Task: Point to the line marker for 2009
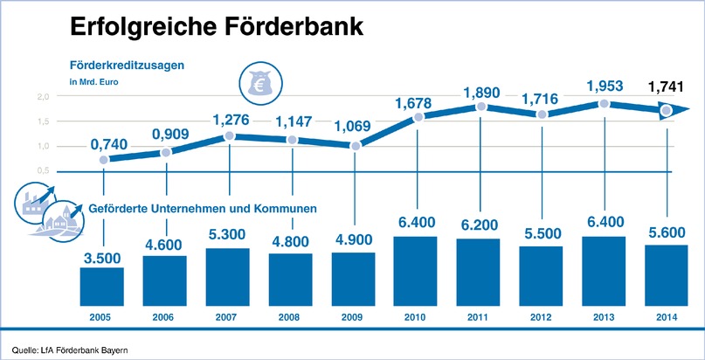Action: point(356,144)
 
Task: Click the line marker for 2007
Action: point(229,136)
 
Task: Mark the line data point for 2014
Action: point(666,111)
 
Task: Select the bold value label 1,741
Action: point(667,87)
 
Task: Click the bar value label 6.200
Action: point(479,225)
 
